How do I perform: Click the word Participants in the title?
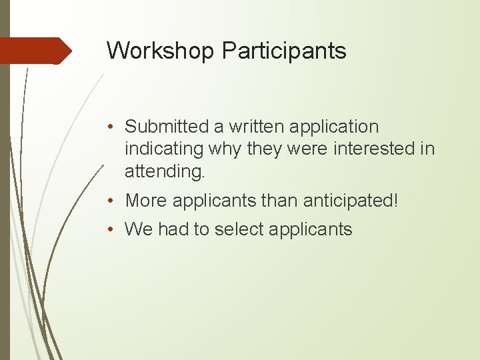pos(285,51)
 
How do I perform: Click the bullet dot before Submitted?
pos(115,127)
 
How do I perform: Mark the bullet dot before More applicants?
pos(115,201)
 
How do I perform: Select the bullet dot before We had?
pos(115,230)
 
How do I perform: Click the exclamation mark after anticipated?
pos(395,200)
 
